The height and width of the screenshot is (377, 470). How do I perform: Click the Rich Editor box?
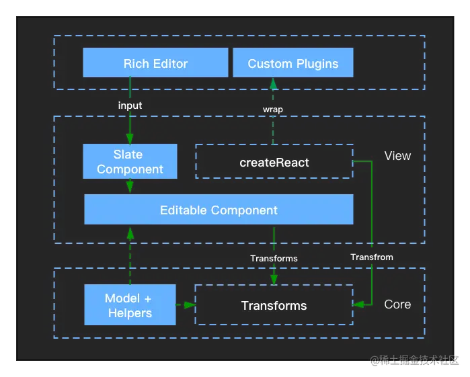[155, 62]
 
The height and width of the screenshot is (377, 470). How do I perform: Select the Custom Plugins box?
[293, 62]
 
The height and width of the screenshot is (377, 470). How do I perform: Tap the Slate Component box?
[130, 161]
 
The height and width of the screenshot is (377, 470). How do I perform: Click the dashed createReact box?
[274, 161]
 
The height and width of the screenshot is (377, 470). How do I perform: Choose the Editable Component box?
[219, 209]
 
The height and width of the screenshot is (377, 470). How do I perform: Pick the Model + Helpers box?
[130, 305]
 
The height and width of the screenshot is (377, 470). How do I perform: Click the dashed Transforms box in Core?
[274, 305]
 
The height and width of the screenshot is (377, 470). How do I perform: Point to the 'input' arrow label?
[130, 106]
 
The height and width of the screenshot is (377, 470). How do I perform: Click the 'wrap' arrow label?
[273, 110]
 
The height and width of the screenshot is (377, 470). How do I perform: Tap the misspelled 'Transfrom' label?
[372, 257]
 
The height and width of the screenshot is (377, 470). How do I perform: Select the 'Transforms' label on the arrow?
[274, 258]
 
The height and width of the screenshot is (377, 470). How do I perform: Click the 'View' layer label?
[397, 156]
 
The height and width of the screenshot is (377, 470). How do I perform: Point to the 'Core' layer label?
[397, 304]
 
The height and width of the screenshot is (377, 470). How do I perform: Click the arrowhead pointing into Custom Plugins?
[273, 83]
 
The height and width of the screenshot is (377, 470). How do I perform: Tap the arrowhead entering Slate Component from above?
[130, 138]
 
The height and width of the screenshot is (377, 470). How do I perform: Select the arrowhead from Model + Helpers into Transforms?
[190, 305]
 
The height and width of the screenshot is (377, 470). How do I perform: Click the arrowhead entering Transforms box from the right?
[358, 304]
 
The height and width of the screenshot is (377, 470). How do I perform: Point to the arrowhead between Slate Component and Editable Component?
[130, 187]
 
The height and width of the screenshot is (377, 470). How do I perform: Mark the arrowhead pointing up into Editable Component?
[130, 233]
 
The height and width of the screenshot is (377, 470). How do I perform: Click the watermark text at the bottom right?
[415, 360]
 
